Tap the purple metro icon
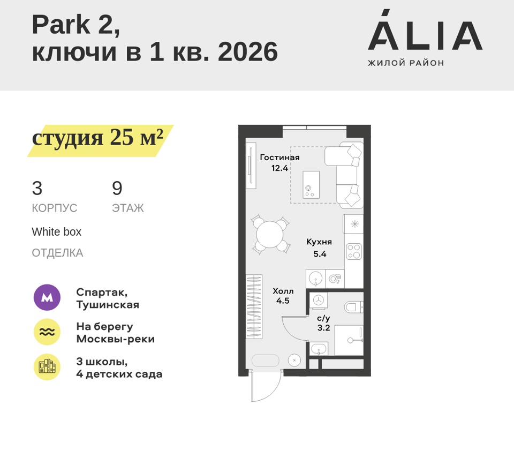tap(47, 297)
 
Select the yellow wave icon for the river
tap(47, 332)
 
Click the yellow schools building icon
tap(47, 367)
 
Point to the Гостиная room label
tap(279, 157)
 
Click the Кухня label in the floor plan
tap(319, 242)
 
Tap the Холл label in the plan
tap(283, 291)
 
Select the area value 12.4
tap(279, 168)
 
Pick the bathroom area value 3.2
tap(323, 328)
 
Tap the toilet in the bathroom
tap(353, 307)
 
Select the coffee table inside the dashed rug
tap(311, 185)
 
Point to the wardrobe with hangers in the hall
tap(254, 306)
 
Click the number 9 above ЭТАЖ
tap(117, 189)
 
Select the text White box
tap(56, 232)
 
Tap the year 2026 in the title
tap(247, 52)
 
